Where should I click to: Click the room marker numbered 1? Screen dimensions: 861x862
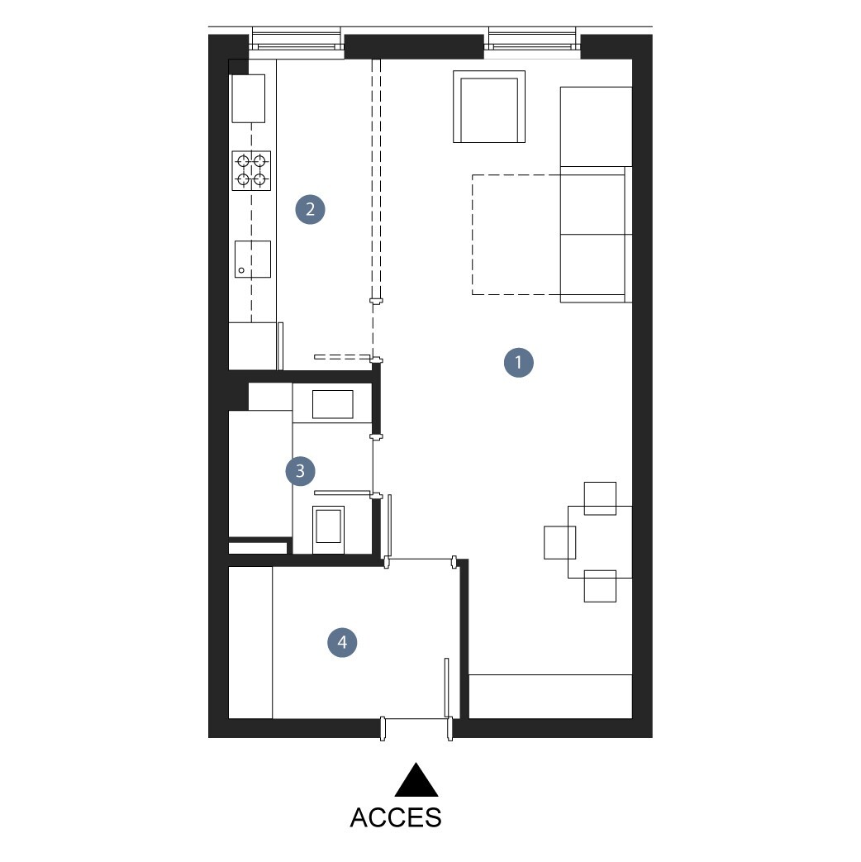pyautogui.click(x=518, y=362)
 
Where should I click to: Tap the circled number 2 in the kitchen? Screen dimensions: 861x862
pyautogui.click(x=310, y=209)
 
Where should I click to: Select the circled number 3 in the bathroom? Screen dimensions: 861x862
pyautogui.click(x=300, y=471)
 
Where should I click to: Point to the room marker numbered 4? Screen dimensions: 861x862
pyautogui.click(x=342, y=642)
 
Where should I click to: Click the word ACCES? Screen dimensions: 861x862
pyautogui.click(x=396, y=817)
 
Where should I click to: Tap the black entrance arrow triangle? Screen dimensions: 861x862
pyautogui.click(x=416, y=779)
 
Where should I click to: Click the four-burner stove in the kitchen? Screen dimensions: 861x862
pyautogui.click(x=251, y=170)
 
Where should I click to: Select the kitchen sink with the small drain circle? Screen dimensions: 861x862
pyautogui.click(x=253, y=259)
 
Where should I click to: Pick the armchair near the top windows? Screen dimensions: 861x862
pyautogui.click(x=489, y=107)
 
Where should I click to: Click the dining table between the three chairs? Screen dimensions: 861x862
pyautogui.click(x=600, y=542)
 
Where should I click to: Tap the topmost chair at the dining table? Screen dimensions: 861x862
pyautogui.click(x=600, y=498)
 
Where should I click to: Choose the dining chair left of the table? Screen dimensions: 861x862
pyautogui.click(x=559, y=543)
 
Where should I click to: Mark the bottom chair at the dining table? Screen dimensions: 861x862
pyautogui.click(x=600, y=586)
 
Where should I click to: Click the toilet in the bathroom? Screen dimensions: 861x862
pyautogui.click(x=328, y=530)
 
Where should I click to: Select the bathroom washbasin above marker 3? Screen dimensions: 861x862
pyautogui.click(x=333, y=404)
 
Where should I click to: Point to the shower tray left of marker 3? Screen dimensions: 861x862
pyautogui.click(x=260, y=474)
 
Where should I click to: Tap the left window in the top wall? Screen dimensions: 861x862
pyautogui.click(x=296, y=44)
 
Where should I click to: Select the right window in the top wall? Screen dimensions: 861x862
pyautogui.click(x=532, y=44)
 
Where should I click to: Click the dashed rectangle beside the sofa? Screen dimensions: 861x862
pyautogui.click(x=516, y=235)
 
